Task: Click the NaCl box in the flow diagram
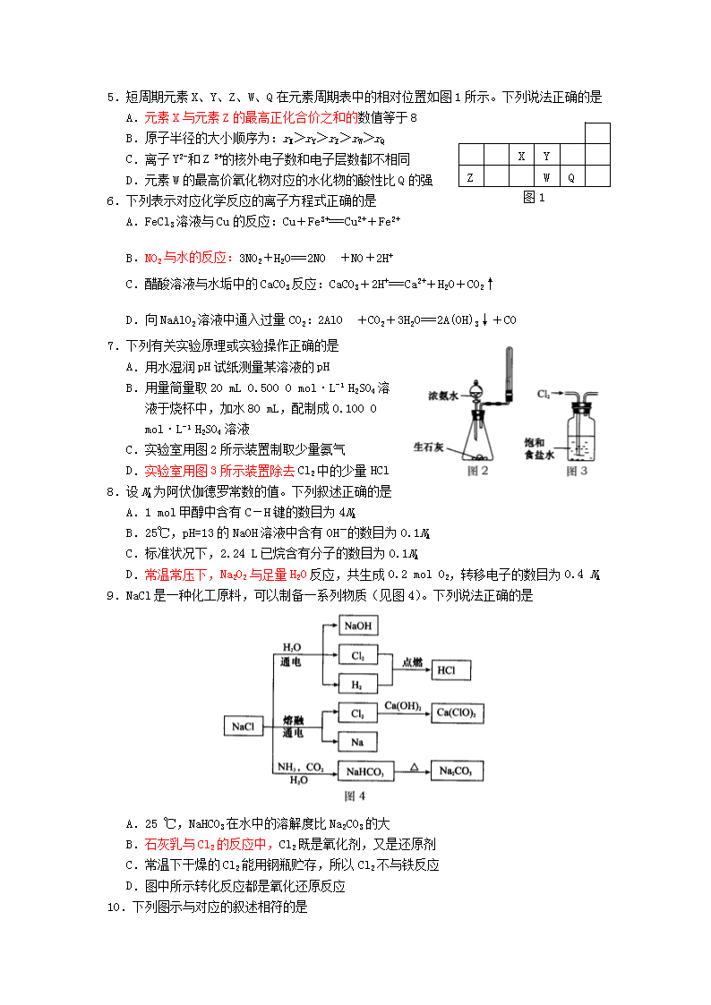coord(244,727)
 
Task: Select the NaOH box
coord(357,626)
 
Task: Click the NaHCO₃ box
coord(364,771)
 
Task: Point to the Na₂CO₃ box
coord(456,771)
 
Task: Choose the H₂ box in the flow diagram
coord(357,685)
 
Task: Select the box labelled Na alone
coord(357,742)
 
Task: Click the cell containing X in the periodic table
coord(521,156)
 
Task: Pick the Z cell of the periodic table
coord(470,177)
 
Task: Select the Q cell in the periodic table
coord(571,177)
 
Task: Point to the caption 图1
coord(534,198)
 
